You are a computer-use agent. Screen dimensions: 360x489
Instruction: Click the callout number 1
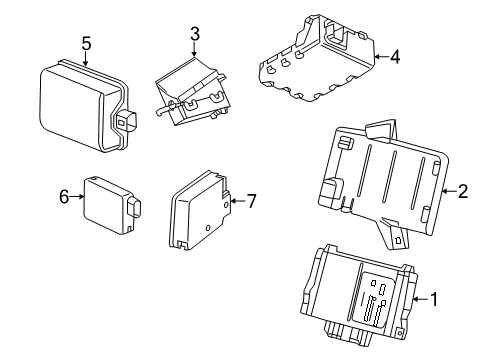[434, 298]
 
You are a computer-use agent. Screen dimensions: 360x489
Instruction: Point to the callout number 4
[395, 57]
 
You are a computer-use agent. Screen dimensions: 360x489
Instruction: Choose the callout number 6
[63, 198]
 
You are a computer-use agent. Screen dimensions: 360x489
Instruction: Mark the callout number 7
[251, 201]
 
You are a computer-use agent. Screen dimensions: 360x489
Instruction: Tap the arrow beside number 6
[77, 198]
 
